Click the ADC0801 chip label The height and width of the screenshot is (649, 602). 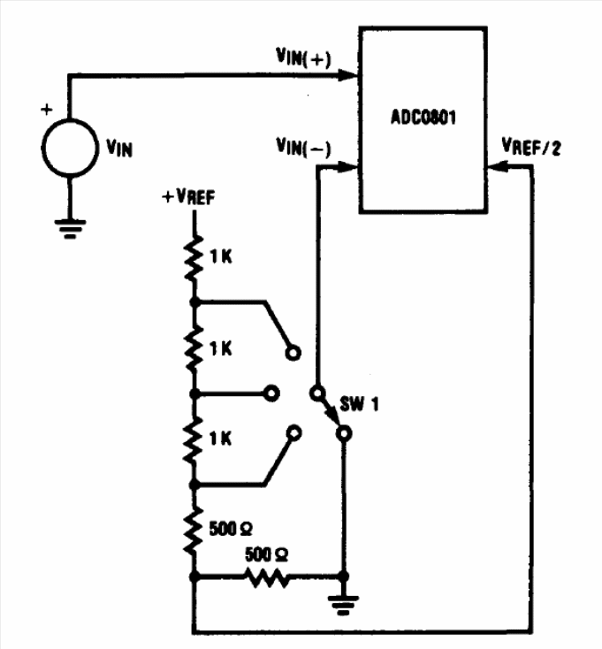click(423, 117)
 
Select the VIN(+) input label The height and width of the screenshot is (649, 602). click(304, 57)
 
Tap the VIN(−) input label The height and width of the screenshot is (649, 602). click(304, 148)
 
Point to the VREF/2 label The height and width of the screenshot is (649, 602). click(531, 147)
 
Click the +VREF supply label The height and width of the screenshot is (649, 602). click(188, 196)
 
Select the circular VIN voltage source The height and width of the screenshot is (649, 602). click(70, 148)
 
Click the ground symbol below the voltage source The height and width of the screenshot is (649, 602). click(70, 229)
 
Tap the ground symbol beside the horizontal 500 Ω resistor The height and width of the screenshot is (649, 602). click(343, 605)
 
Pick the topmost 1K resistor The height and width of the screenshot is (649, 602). click(194, 258)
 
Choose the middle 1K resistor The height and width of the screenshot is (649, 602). click(194, 348)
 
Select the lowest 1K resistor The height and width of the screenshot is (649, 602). click(194, 439)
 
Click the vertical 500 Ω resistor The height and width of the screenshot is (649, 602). click(194, 531)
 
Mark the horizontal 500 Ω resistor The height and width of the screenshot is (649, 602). click(267, 576)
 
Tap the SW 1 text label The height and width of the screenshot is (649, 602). click(359, 403)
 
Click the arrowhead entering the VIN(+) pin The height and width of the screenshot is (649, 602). click(348, 75)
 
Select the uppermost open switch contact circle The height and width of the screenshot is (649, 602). click(293, 353)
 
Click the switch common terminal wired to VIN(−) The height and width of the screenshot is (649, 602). click(317, 393)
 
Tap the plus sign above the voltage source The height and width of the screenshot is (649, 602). click(47, 110)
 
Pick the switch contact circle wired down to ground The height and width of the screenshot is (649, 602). click(344, 433)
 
